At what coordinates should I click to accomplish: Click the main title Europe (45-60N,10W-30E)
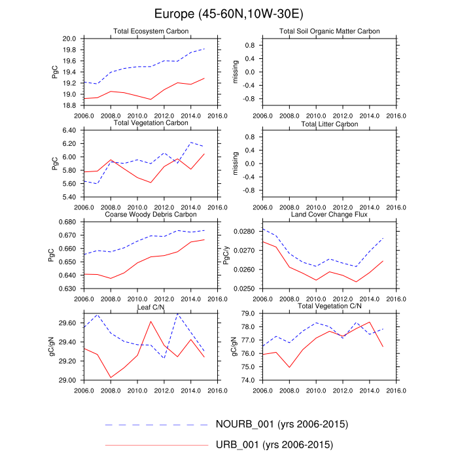point(229,14)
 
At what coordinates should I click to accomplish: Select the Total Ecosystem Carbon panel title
point(150,31)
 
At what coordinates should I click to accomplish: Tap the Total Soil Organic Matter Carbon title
point(330,31)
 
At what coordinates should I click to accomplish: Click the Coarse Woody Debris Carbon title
point(150,214)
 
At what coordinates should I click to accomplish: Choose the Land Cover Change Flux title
point(330,214)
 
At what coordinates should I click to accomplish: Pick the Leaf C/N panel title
point(150,306)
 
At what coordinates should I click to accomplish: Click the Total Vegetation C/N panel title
point(330,306)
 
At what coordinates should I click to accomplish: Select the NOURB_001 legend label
point(281,424)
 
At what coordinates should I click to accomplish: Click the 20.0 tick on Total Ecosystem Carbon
point(71,39)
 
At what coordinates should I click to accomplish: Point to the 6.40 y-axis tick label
point(69,131)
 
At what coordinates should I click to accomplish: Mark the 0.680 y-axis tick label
point(67,222)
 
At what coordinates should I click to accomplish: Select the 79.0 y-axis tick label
point(251,314)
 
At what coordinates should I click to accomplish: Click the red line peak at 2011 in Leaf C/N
point(151,321)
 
